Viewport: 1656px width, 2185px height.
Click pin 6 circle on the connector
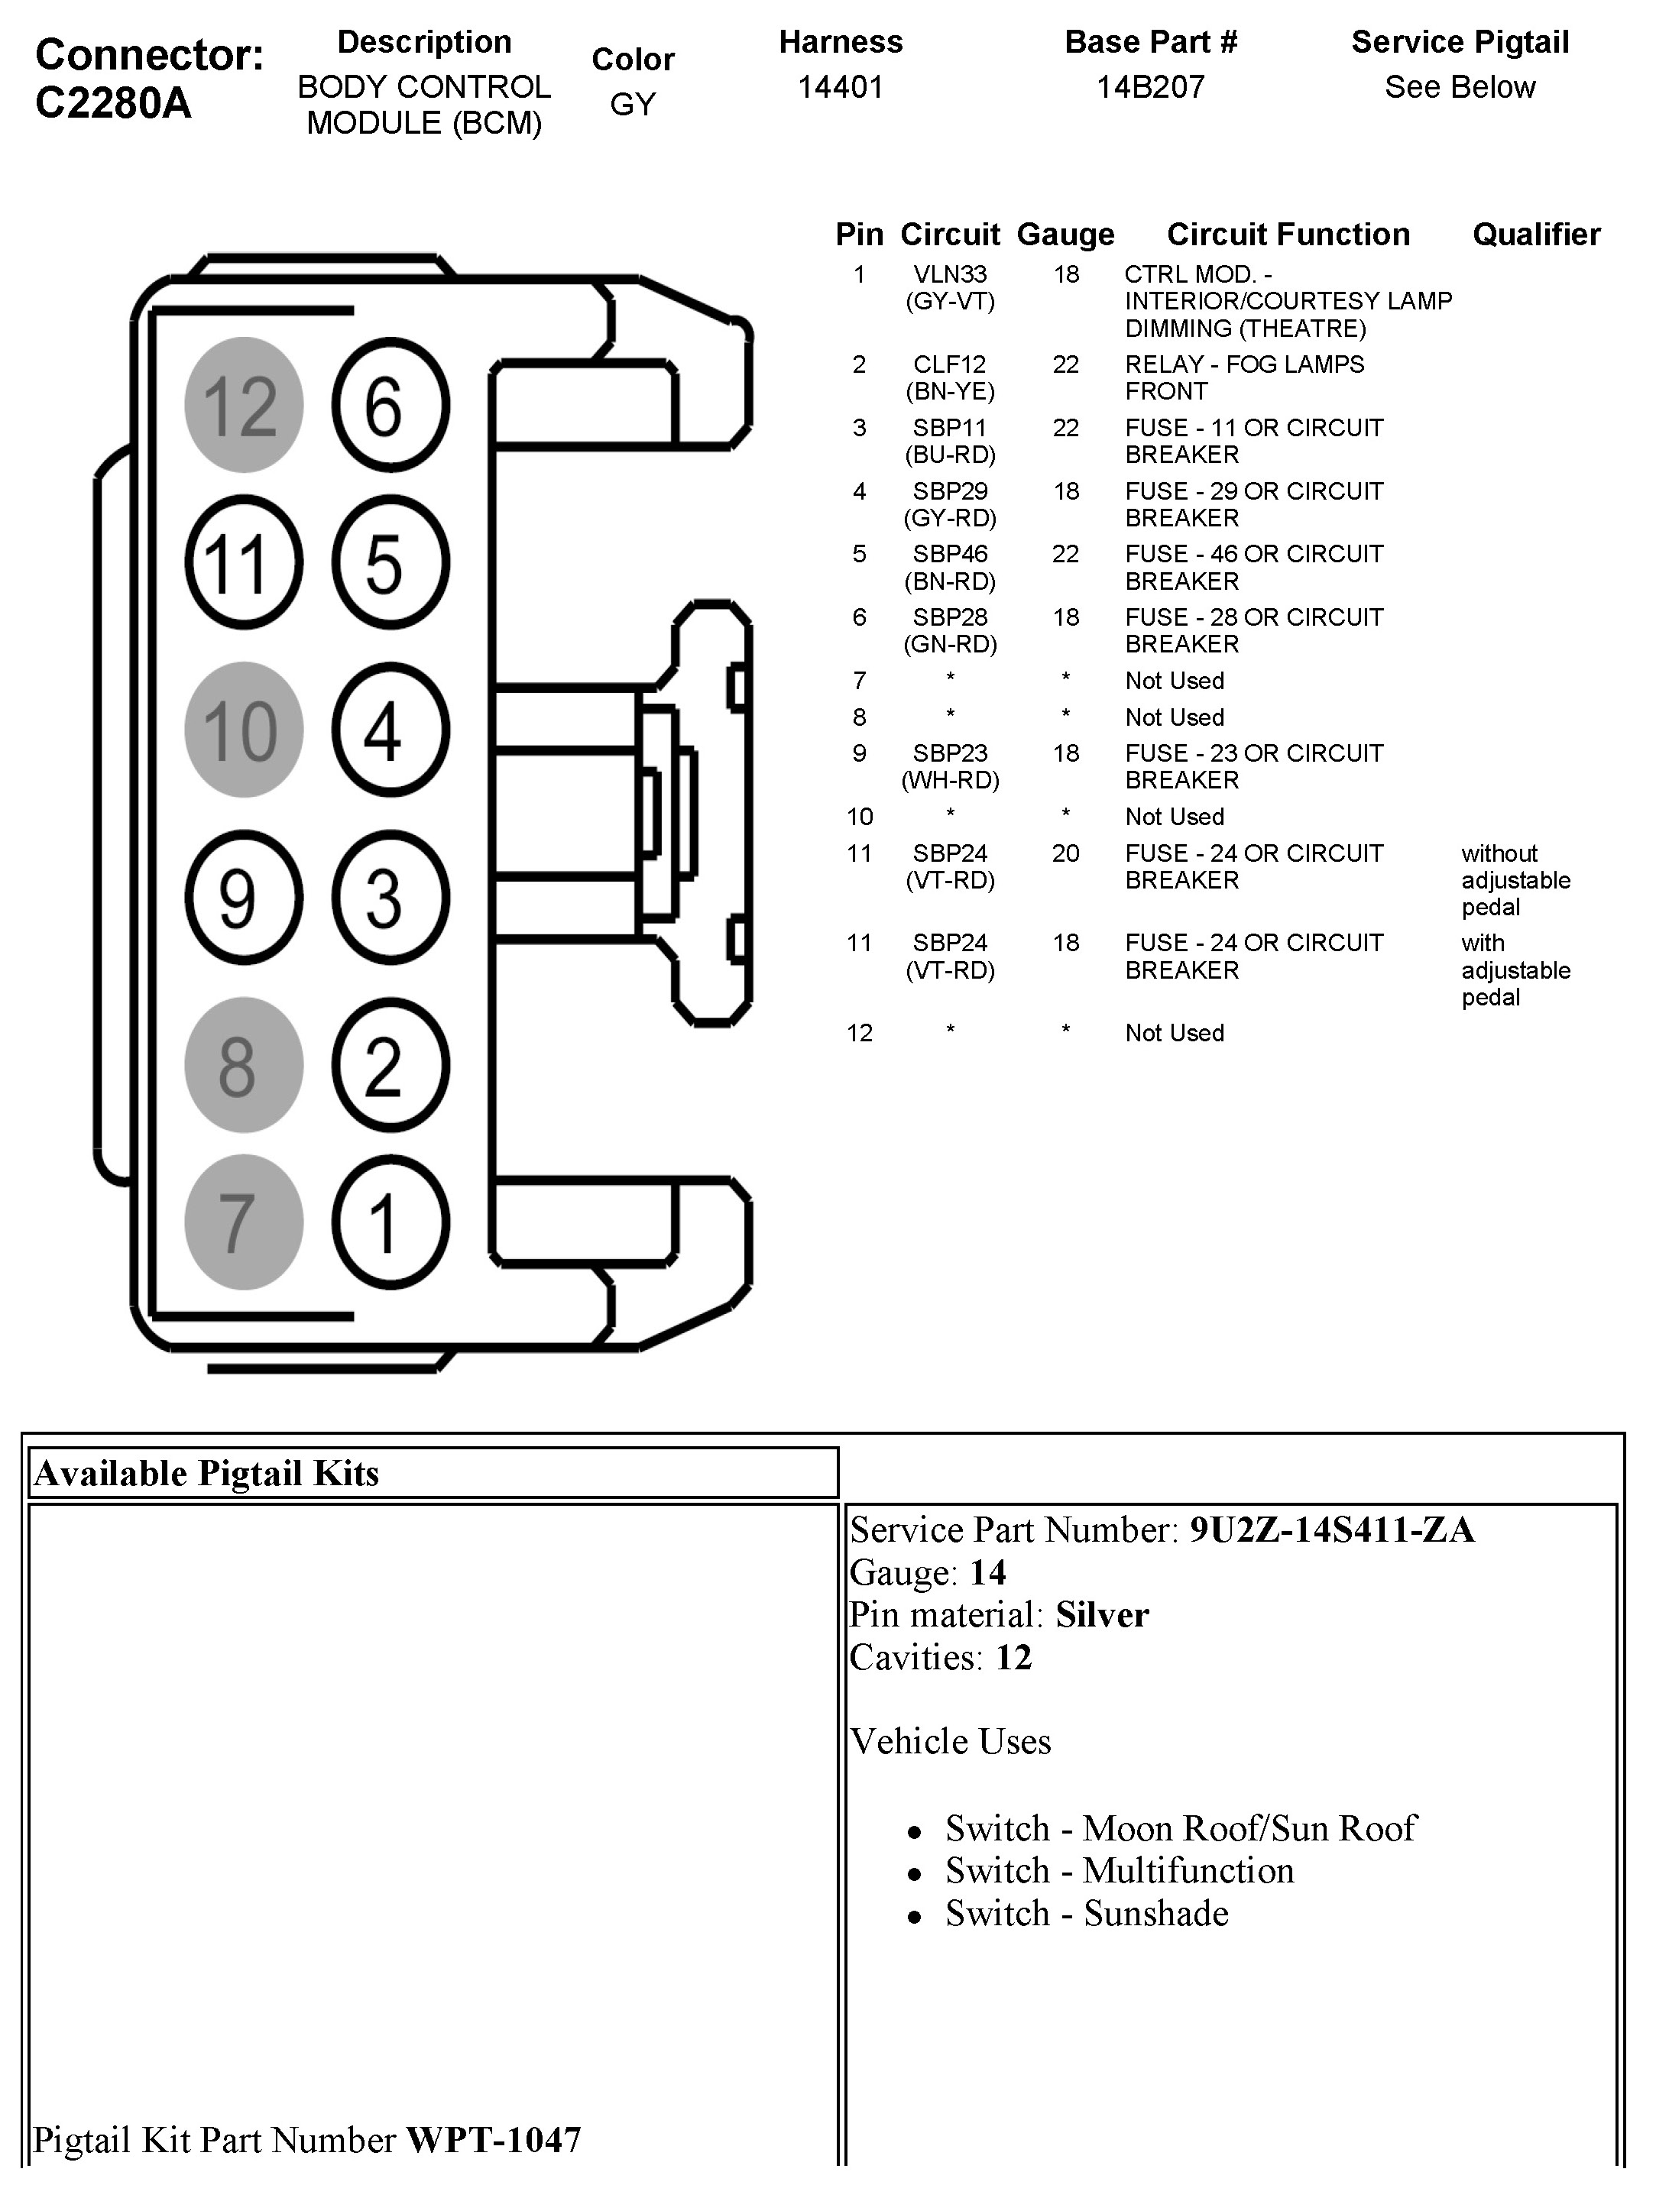391,405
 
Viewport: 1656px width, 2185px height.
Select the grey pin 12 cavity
243,405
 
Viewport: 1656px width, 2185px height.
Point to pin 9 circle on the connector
243,898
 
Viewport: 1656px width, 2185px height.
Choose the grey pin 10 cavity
243,730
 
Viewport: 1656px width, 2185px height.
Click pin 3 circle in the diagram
391,898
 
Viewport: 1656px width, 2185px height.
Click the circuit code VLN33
950,274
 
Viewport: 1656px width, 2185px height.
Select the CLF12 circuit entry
950,364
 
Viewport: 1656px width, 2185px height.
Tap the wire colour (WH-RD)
950,780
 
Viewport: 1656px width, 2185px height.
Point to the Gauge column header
1065,235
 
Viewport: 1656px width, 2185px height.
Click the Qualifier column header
1535,235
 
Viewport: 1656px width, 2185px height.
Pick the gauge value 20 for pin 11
1065,853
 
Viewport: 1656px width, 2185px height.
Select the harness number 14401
840,88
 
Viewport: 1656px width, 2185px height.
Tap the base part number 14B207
1150,88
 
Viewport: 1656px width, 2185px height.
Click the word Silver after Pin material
1102,1615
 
